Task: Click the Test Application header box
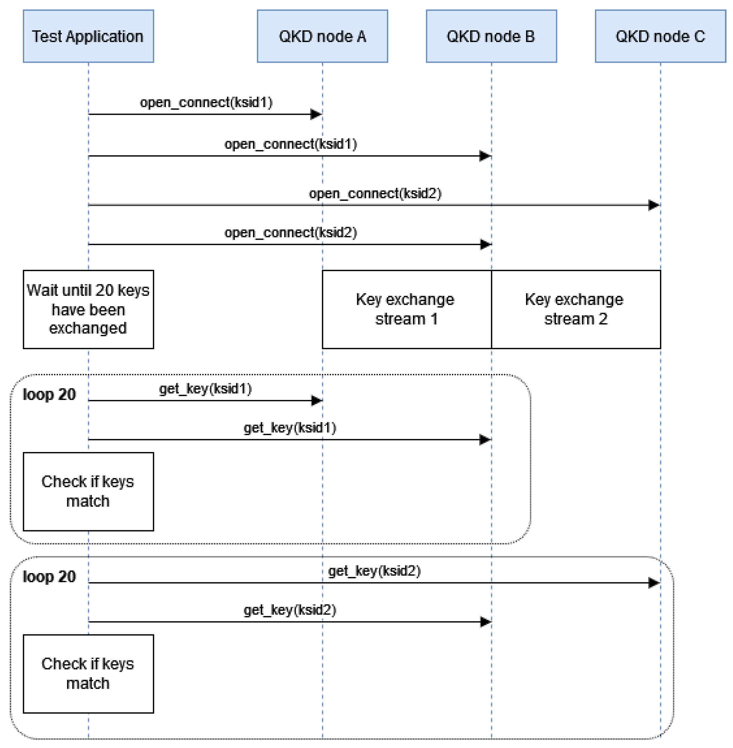coord(88,36)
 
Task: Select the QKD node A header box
coord(322,36)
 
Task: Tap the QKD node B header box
coord(491,36)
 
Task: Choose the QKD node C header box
coord(660,36)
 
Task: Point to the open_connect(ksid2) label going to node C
coord(375,193)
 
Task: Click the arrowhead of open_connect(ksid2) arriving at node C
coord(654,205)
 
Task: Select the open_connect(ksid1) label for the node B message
coord(291,144)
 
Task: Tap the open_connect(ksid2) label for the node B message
coord(291,233)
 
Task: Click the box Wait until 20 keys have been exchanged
coord(88,309)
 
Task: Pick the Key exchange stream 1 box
coord(407,309)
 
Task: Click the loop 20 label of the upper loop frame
coord(49,394)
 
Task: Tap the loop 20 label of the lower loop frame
coord(49,577)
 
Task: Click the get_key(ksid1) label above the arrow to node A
coord(206,388)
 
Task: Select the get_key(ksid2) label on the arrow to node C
coord(374,571)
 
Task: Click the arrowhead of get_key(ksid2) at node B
coord(486,622)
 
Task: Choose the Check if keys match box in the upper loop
coord(88,491)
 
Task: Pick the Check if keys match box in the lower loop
coord(88,674)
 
